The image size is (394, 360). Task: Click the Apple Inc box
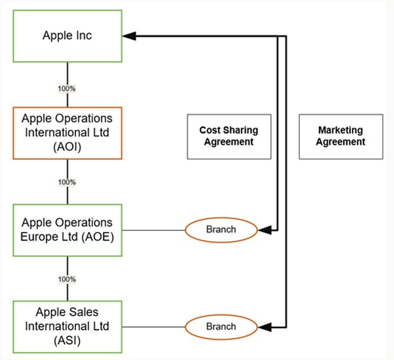[68, 35]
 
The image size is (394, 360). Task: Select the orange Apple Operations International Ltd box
[68, 133]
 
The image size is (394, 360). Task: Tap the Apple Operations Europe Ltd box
[68, 230]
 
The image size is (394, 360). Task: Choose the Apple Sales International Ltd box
[68, 326]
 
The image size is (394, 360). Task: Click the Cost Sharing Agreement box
[229, 136]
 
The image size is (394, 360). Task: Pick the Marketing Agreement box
[340, 136]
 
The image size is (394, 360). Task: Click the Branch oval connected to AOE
[221, 230]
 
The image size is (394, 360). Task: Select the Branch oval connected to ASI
[221, 326]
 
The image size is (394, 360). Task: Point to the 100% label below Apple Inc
[68, 88]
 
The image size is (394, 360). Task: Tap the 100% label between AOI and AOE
[68, 183]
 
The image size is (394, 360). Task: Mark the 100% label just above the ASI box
[68, 279]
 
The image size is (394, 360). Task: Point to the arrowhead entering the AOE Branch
[264, 230]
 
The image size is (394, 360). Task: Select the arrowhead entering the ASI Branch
[264, 326]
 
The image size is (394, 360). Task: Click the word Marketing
[340, 130]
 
